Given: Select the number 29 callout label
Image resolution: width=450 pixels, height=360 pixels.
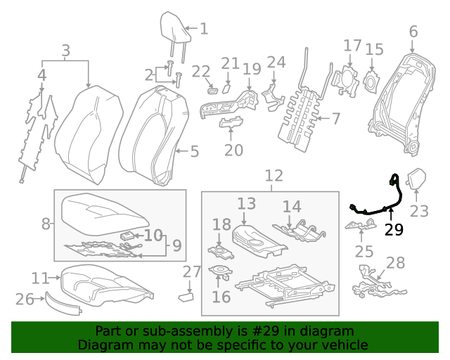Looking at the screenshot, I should coord(394,230).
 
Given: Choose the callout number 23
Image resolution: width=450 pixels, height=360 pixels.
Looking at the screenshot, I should coord(419,211).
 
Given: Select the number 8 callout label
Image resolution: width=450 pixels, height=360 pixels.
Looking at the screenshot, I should coord(46,224).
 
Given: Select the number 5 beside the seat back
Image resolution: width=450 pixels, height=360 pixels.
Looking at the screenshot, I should coord(195,151).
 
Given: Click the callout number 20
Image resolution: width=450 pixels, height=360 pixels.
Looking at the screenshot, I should coord(233,150).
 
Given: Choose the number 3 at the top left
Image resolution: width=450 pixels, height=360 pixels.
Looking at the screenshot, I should coord(65,51).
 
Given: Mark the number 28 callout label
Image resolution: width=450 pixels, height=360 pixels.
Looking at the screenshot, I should coord(396,263).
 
